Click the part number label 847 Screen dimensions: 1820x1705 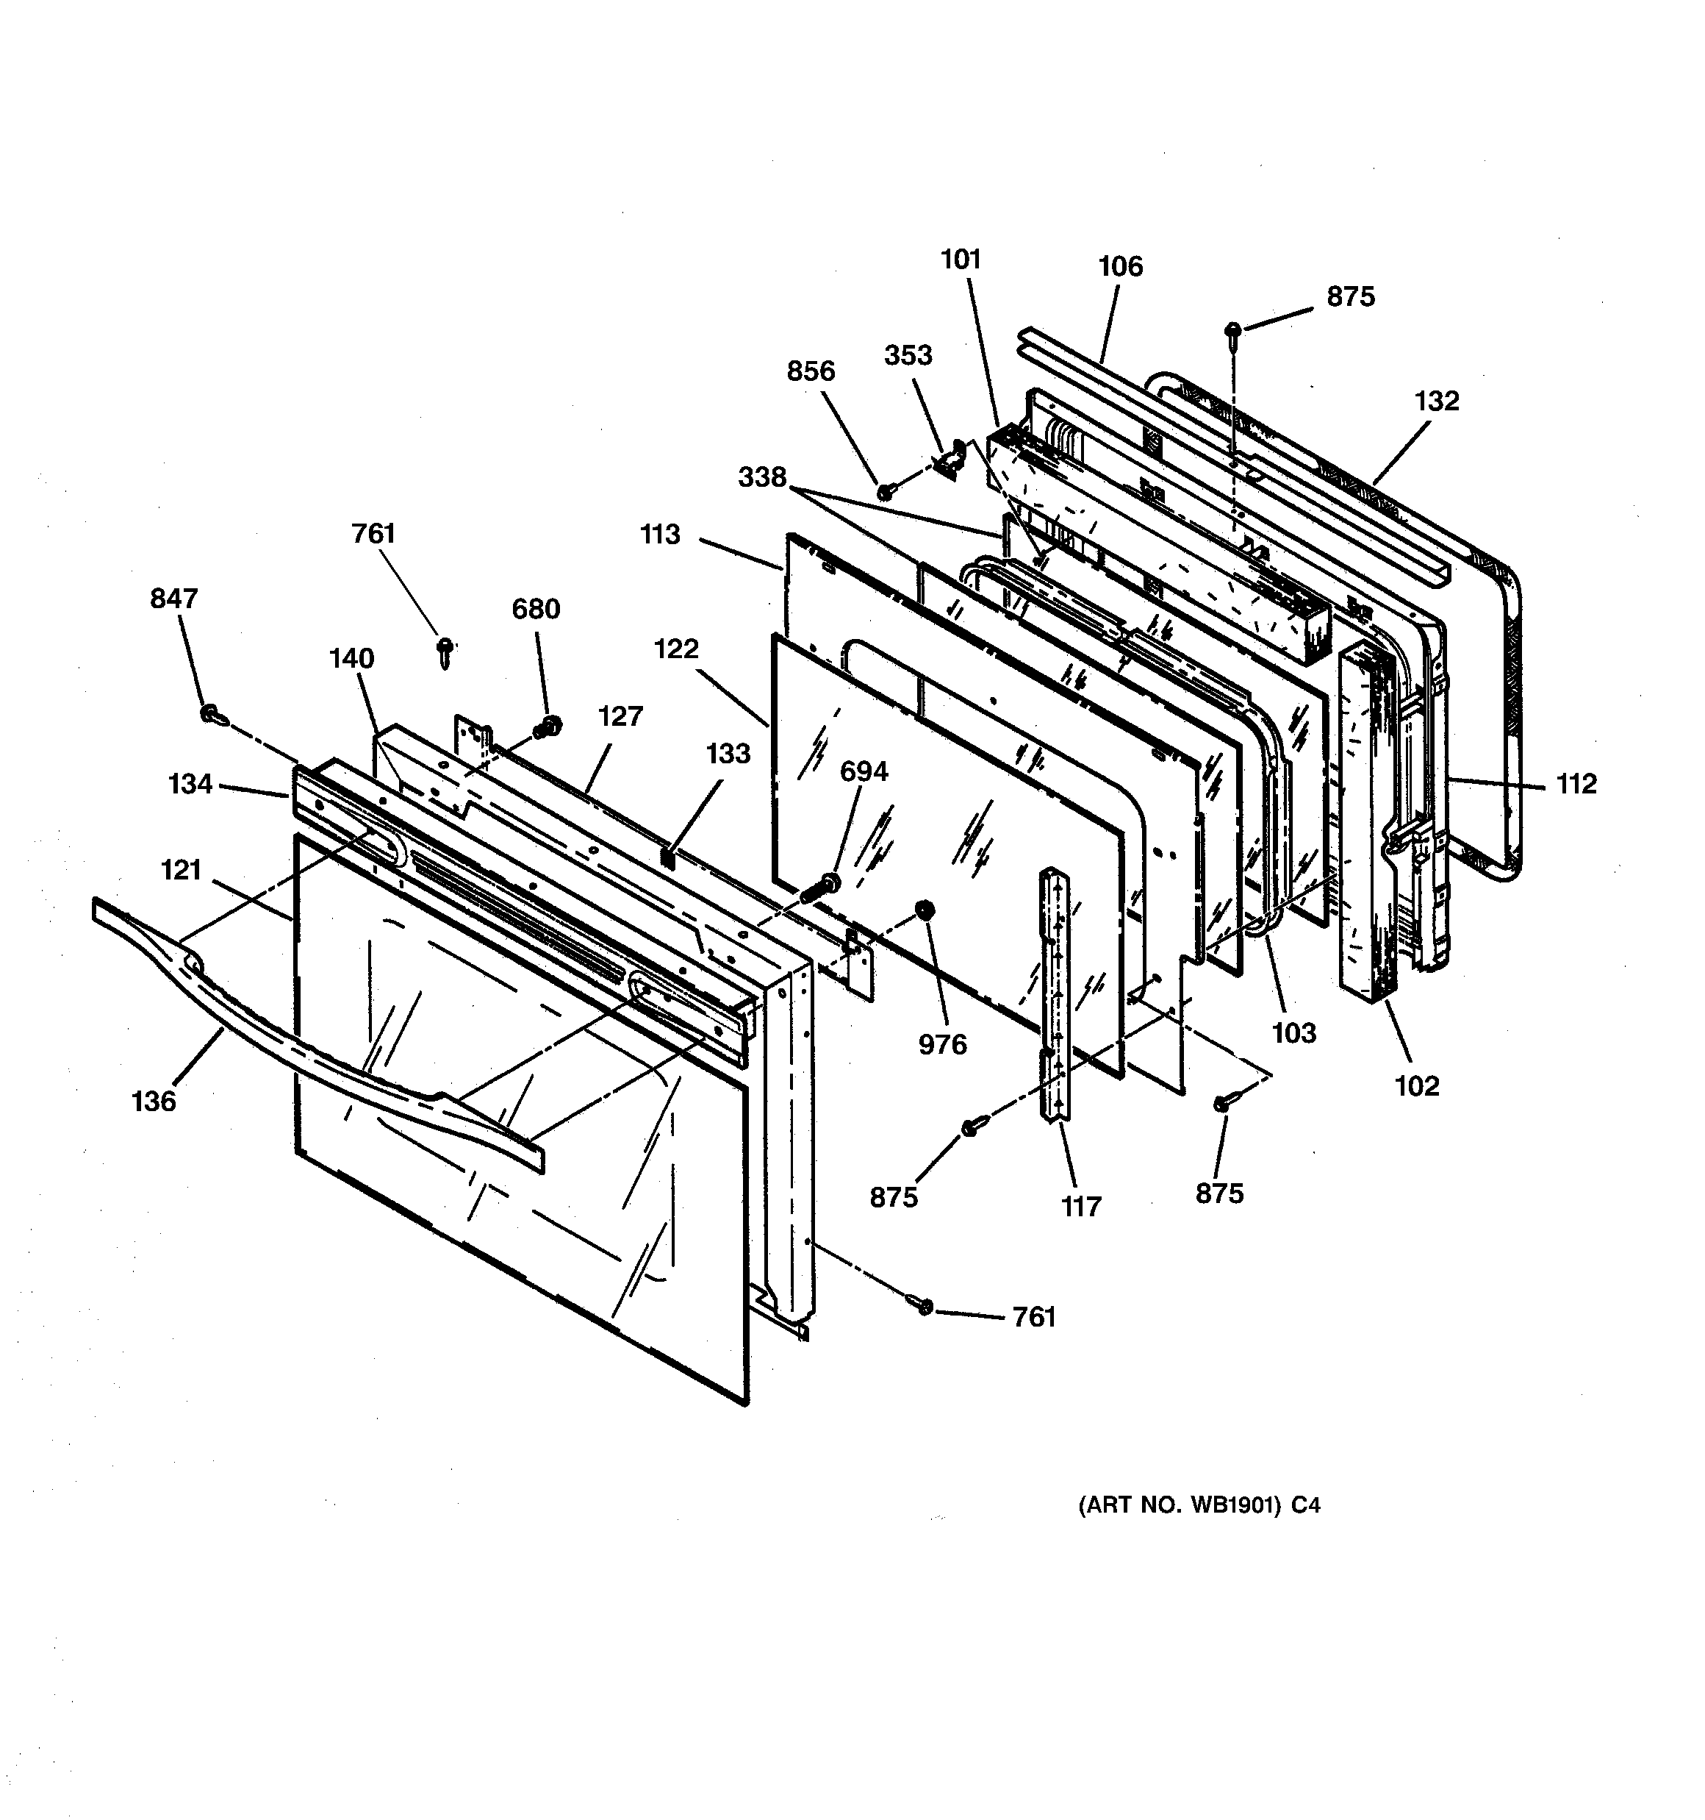click(x=174, y=598)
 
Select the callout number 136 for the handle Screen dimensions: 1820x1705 click(x=154, y=1102)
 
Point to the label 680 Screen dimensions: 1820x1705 click(x=536, y=609)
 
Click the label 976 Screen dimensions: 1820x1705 click(x=943, y=1045)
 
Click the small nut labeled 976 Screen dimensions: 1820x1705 click(x=925, y=910)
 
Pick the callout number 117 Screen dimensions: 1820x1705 click(x=1081, y=1207)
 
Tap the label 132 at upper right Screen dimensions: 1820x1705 click(x=1436, y=401)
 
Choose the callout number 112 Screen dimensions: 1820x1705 click(x=1576, y=784)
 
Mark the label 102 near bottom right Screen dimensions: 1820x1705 click(x=1417, y=1086)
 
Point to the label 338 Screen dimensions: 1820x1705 click(x=762, y=477)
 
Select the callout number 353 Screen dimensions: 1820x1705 click(x=908, y=355)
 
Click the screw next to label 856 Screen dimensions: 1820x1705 click(x=885, y=493)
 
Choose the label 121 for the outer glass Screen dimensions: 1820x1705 click(x=182, y=870)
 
